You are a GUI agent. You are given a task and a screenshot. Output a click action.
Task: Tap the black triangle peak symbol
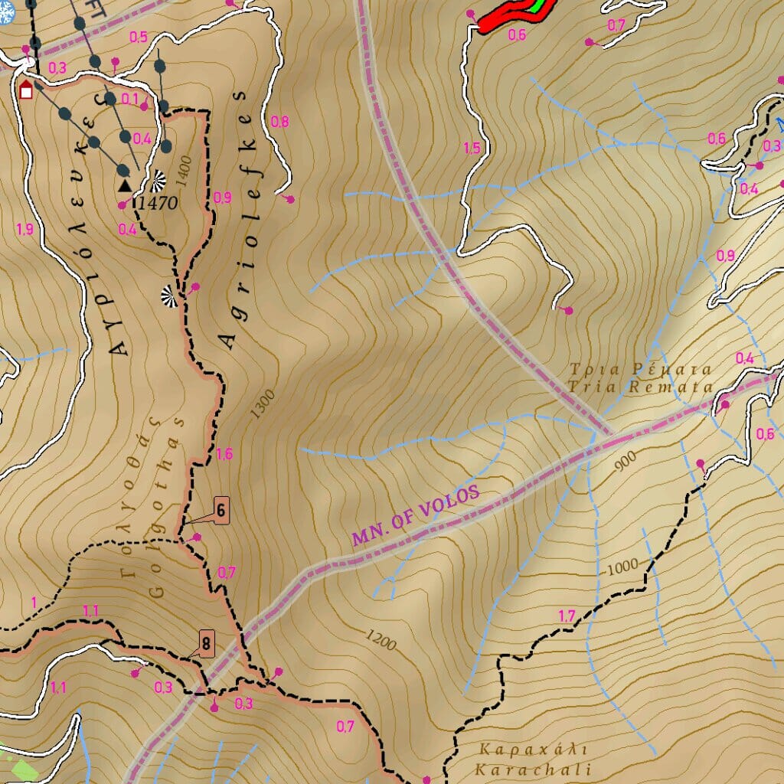click(125, 185)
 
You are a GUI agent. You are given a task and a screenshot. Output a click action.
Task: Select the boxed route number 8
click(206, 644)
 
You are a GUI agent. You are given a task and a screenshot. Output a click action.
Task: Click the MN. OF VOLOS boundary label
click(416, 515)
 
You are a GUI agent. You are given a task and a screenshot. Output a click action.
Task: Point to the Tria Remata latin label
click(641, 387)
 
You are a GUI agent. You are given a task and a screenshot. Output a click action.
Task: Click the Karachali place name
click(533, 769)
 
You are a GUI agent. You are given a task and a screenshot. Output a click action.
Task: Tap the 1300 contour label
click(263, 403)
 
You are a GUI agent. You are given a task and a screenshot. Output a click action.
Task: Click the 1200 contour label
click(381, 640)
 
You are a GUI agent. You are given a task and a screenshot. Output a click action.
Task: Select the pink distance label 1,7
click(567, 616)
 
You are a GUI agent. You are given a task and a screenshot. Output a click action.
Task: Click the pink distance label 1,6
click(224, 454)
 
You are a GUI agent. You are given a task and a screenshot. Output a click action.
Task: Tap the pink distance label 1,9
click(24, 229)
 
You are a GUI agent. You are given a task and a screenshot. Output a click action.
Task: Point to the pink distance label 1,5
click(472, 149)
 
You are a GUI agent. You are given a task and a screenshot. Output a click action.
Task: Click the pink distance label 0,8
click(280, 122)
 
